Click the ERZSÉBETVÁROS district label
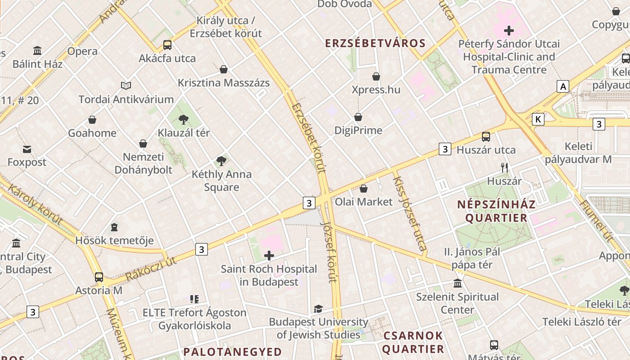(375, 43)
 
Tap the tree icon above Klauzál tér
(183, 120)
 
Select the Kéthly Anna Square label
(221, 180)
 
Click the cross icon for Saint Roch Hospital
(269, 256)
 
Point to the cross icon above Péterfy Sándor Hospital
(509, 31)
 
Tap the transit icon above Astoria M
(99, 277)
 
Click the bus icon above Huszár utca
(486, 137)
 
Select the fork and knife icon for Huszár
(504, 168)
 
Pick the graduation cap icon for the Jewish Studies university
(319, 309)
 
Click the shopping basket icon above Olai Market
(364, 189)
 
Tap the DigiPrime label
(358, 130)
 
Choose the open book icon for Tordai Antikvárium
(126, 85)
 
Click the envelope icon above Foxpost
(27, 149)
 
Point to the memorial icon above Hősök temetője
(114, 227)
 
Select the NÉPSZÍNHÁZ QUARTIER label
(496, 211)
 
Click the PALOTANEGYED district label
(233, 351)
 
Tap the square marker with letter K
(538, 119)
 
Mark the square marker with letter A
(563, 86)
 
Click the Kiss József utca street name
(409, 213)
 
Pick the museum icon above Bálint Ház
(37, 50)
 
